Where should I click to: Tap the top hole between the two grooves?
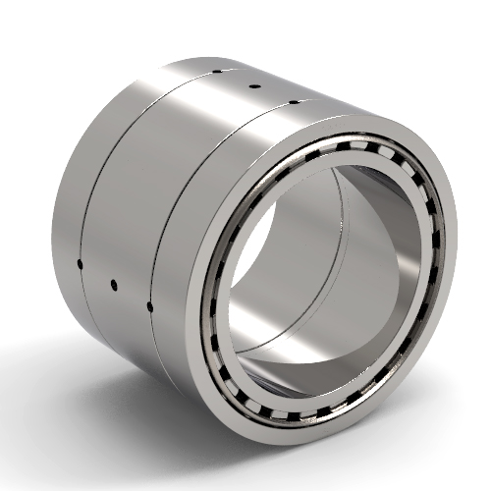tap(253, 86)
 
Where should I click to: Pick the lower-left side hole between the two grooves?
tap(114, 285)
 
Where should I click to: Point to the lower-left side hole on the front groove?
tap(149, 306)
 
